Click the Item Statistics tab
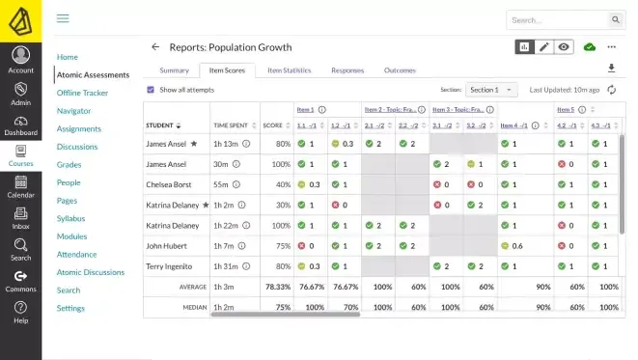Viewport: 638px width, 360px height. click(x=289, y=70)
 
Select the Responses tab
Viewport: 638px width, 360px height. click(x=347, y=70)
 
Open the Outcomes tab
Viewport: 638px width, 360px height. click(x=400, y=70)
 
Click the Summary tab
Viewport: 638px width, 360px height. click(x=174, y=70)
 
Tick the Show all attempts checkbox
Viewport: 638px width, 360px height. click(x=151, y=90)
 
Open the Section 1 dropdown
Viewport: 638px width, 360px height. click(x=491, y=90)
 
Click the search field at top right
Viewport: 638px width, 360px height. click(x=556, y=19)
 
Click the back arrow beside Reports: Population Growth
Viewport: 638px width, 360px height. click(x=155, y=46)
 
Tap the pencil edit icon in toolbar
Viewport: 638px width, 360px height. click(x=544, y=46)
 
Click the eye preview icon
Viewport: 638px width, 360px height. click(x=564, y=46)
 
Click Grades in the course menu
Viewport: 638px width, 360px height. click(x=68, y=165)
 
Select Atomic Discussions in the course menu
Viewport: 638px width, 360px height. click(x=90, y=272)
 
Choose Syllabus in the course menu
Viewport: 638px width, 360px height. click(x=70, y=218)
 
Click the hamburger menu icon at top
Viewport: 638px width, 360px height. click(x=63, y=18)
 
